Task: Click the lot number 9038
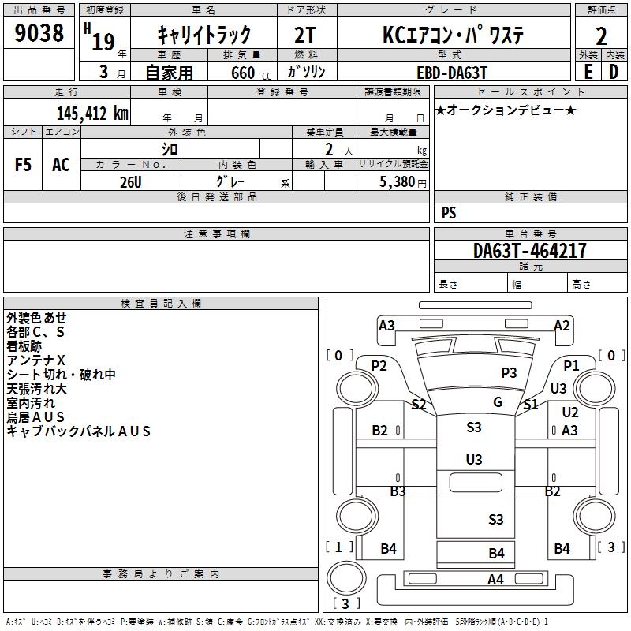pos(40,34)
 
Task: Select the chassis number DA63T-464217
pos(530,251)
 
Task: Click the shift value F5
pos(24,164)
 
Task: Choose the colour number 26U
pos(130,181)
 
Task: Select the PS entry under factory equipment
pos(449,213)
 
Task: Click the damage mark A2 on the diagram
pos(562,325)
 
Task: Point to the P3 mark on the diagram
pos(509,372)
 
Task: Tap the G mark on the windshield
pos(498,402)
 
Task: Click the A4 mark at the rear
pos(495,580)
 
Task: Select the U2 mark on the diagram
pos(570,412)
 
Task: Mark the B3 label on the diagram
pos(398,491)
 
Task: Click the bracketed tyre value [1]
pos(338,547)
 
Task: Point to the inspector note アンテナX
pos(36,360)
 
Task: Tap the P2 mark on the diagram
pos(379,365)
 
